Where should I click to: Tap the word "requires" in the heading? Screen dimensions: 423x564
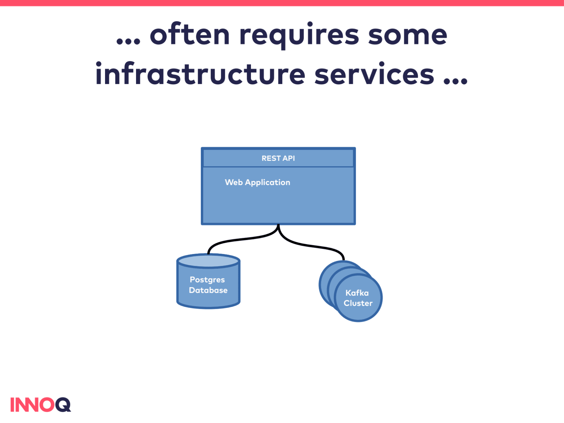pyautogui.click(x=299, y=35)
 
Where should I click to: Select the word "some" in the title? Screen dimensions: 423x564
pyautogui.click(x=407, y=35)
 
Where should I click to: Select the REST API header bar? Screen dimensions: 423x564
pyautogui.click(x=278, y=158)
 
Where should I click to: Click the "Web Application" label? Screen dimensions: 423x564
pyautogui.click(x=257, y=182)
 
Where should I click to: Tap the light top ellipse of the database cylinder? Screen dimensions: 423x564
pyautogui.click(x=208, y=261)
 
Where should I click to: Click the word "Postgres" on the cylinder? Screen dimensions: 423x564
pyautogui.click(x=207, y=280)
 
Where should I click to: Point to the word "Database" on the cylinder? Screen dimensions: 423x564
pyautogui.click(x=208, y=290)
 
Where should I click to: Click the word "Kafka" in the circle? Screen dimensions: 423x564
pyautogui.click(x=357, y=293)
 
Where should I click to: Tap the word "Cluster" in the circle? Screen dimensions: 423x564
pyautogui.click(x=358, y=303)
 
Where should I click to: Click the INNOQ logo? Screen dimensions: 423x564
pyautogui.click(x=41, y=405)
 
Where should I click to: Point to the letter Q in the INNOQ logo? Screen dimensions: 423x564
pyautogui.click(x=63, y=405)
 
